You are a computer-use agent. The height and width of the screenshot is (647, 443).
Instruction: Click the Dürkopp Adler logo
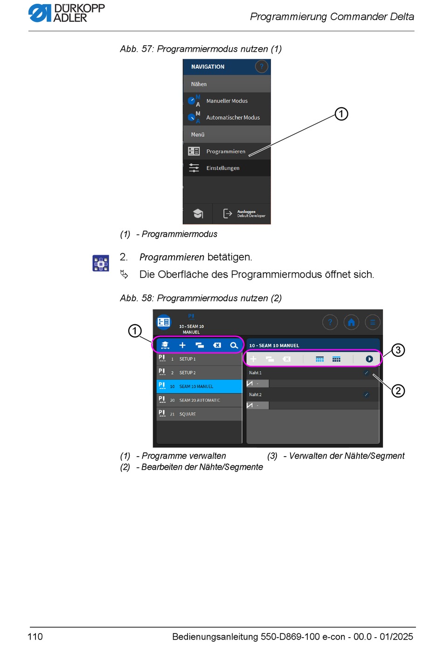pos(66,13)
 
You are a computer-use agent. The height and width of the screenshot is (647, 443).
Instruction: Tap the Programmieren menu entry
pos(226,151)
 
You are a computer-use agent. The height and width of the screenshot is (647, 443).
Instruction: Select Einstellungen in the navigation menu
pos(222,168)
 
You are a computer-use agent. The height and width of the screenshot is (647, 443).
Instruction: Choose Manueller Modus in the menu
pos(227,101)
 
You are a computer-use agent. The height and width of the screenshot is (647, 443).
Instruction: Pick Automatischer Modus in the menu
pos(233,118)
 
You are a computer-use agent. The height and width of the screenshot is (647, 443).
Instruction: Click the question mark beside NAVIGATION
pos(262,67)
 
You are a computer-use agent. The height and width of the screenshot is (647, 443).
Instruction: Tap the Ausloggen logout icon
pos(228,214)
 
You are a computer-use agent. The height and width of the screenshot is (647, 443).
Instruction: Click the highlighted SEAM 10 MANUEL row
pos(199,386)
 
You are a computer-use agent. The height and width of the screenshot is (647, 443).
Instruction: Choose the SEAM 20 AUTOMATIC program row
pos(199,400)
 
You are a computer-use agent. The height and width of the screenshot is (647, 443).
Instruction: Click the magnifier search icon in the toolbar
pos(234,345)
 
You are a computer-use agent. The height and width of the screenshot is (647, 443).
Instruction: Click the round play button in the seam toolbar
pos(369,359)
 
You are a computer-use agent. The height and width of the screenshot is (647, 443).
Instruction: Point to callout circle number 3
pos(398,350)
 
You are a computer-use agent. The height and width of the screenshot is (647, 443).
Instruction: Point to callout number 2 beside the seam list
pos(398,390)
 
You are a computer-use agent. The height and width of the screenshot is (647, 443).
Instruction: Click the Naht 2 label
pos(255,395)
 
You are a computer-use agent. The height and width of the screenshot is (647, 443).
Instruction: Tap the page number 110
pos(35,636)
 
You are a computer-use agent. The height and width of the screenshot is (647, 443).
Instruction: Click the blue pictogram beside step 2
pos(101,263)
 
